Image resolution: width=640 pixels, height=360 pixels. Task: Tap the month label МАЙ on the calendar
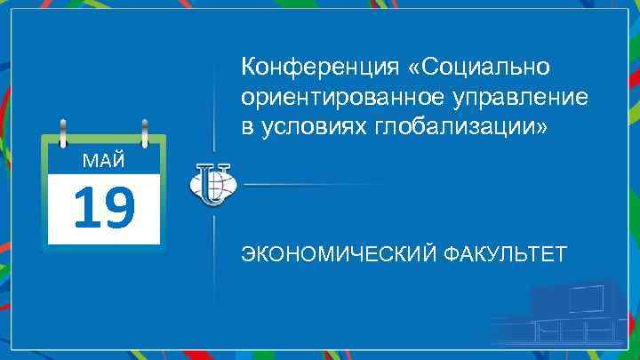coord(102,161)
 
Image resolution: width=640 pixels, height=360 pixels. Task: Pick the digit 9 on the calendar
coord(118,207)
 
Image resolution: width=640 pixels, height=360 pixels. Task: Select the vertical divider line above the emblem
coord(213,98)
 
